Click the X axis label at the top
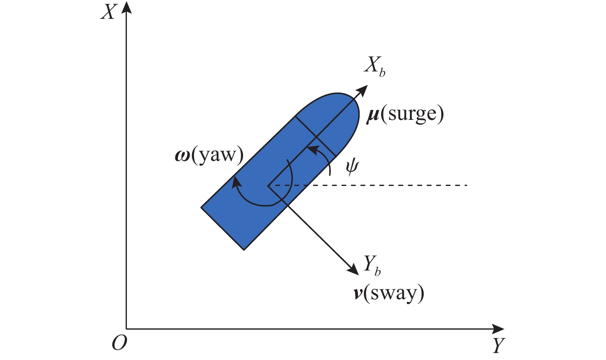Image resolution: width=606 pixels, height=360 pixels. coord(108,12)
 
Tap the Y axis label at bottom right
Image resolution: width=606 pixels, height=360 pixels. coord(498,346)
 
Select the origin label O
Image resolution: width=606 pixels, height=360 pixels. coord(119,343)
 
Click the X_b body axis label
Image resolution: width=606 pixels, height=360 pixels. coord(375,66)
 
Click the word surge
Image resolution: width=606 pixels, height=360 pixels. coord(412,115)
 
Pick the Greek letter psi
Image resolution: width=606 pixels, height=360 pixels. coord(352,167)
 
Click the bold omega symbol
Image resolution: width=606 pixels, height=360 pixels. coord(183,157)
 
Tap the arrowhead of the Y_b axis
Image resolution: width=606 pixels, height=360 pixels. coord(353,270)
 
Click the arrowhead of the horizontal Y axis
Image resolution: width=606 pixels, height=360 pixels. coord(498,329)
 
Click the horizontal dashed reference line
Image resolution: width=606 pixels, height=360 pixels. coord(368,185)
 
